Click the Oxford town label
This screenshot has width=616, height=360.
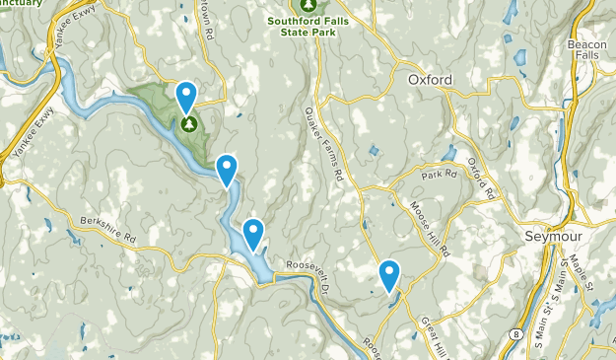(x=429, y=80)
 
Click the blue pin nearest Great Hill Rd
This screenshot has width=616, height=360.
(x=389, y=275)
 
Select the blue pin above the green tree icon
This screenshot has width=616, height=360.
(x=186, y=97)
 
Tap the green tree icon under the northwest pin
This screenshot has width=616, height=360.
(x=188, y=124)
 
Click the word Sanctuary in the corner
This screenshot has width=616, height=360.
(x=21, y=3)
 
